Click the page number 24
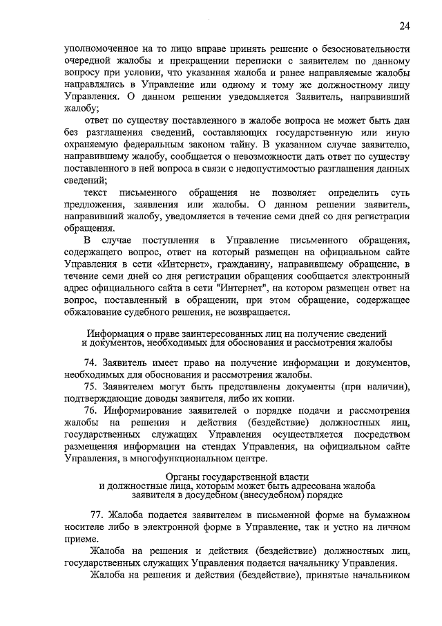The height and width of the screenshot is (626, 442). point(405,26)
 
